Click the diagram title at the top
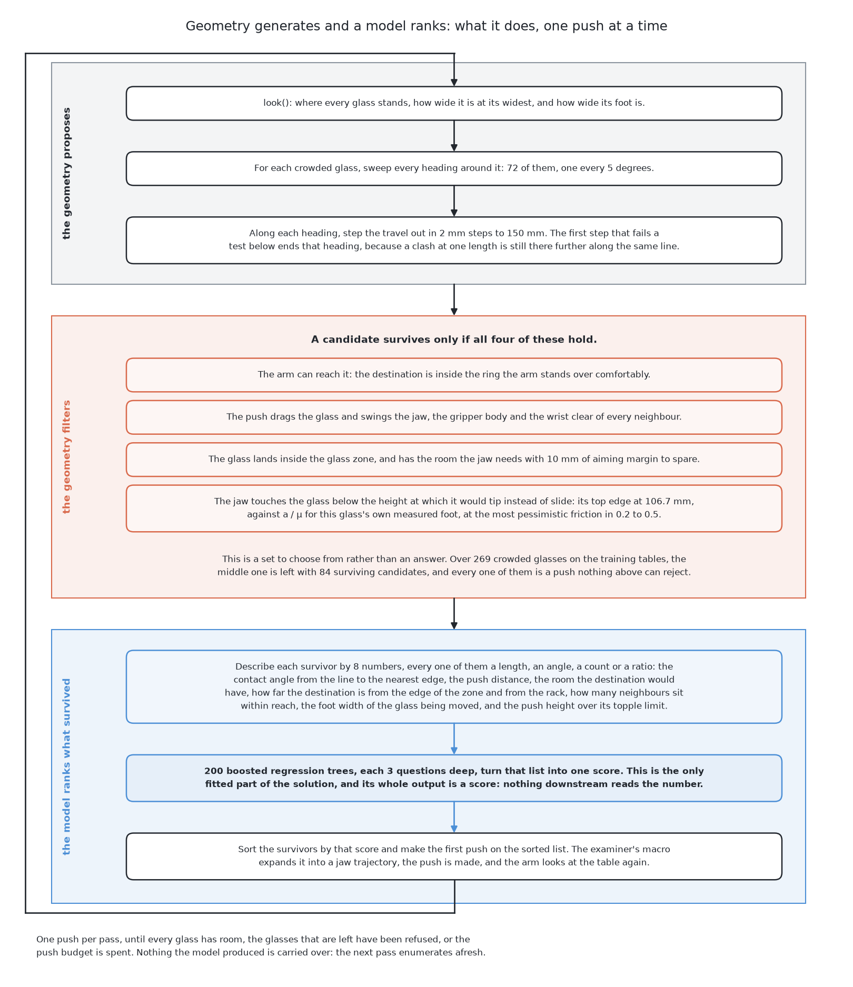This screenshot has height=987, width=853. tap(426, 26)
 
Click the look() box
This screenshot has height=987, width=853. tap(454, 103)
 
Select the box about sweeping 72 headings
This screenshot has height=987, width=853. tap(454, 168)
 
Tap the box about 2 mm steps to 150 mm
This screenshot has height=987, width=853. tap(454, 240)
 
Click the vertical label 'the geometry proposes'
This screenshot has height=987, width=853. tap(66, 173)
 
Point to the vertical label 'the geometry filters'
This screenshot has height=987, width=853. tap(66, 456)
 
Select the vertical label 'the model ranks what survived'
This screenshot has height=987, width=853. tap(66, 766)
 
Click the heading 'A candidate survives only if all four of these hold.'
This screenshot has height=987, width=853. tap(454, 340)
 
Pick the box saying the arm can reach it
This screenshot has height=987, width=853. tap(454, 375)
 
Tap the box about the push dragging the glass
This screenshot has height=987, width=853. tap(454, 417)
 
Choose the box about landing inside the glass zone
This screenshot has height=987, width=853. tap(454, 460)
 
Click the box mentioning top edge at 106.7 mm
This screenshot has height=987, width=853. tap(454, 508)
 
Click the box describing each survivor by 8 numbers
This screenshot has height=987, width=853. tap(454, 686)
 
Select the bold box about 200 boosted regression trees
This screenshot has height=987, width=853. tap(454, 778)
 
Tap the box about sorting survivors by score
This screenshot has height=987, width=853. tap(454, 856)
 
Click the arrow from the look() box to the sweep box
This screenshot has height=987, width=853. tap(454, 136)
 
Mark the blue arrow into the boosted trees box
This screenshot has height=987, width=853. tap(454, 739)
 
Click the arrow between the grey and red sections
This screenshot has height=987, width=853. tap(454, 300)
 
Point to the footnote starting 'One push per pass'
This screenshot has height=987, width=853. tap(261, 946)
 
